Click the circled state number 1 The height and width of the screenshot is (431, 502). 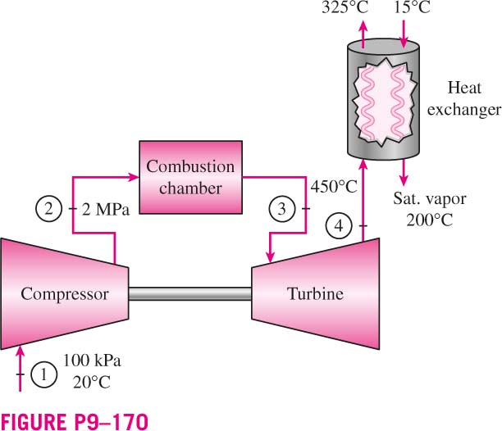(x=43, y=374)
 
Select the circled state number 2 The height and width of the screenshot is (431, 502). (x=48, y=209)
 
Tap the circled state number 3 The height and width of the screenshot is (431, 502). (x=281, y=209)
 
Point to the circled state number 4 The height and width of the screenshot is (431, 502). (x=339, y=226)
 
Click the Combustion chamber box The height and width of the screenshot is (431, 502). (x=190, y=177)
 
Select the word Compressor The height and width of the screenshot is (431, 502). (x=64, y=294)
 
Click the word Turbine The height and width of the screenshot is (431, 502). (x=315, y=294)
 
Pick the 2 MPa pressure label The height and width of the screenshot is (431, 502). (x=106, y=210)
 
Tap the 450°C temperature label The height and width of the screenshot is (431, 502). (x=334, y=186)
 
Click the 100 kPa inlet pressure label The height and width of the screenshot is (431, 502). (x=92, y=361)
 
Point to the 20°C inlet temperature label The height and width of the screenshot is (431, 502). (x=92, y=382)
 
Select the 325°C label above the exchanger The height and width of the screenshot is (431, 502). (x=345, y=7)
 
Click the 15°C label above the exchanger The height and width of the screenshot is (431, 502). (x=412, y=7)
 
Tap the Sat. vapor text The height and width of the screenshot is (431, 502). (x=430, y=199)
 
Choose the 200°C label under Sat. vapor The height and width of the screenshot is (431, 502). (x=430, y=220)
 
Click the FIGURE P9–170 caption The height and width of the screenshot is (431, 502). (x=75, y=422)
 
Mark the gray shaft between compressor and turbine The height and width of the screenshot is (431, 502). (x=189, y=294)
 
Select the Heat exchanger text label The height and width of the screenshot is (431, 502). (x=464, y=98)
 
